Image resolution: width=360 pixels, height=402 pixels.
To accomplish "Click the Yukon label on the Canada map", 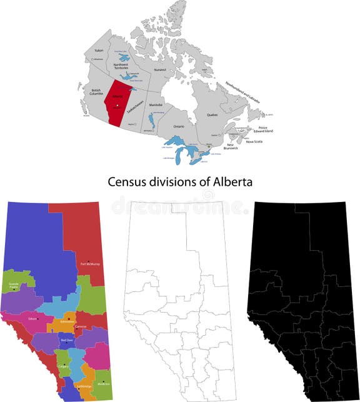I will [x=98, y=49].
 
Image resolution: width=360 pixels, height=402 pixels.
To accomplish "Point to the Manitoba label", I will [x=156, y=104].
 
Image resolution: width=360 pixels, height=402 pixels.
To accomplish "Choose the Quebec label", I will [x=212, y=115].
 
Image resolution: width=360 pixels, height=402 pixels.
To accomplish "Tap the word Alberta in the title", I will [x=233, y=182].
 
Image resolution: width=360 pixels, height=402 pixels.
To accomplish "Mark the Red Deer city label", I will [x=66, y=340].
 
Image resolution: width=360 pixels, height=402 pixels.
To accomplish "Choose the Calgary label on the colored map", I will [x=62, y=366].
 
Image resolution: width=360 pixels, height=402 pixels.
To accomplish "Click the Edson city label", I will [x=32, y=318].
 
